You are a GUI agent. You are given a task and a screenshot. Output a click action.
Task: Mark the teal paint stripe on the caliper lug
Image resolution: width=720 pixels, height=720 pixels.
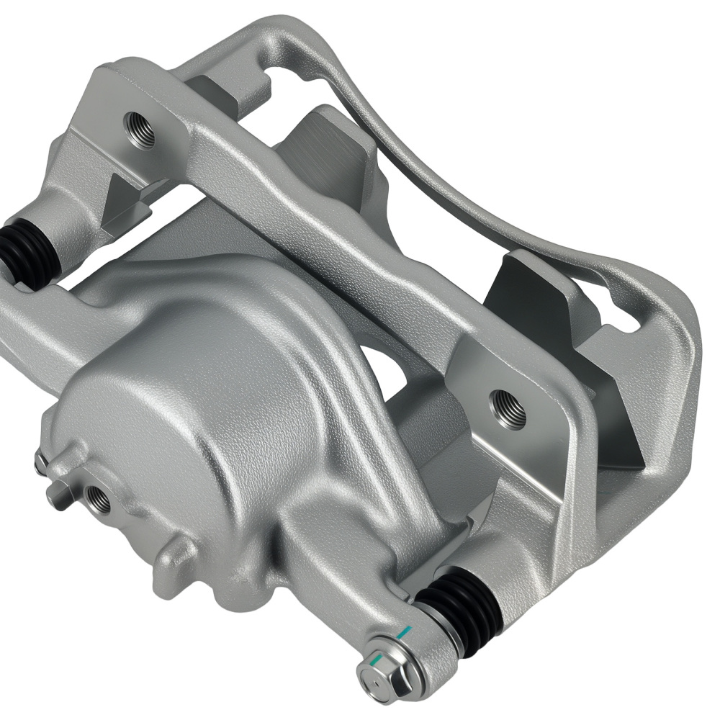point(405,634)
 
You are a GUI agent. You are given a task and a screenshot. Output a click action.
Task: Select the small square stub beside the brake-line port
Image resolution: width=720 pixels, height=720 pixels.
point(58,495)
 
